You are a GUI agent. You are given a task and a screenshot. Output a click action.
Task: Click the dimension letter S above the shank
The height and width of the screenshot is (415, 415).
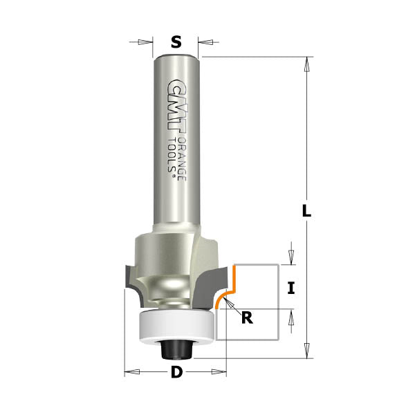tap(176, 42)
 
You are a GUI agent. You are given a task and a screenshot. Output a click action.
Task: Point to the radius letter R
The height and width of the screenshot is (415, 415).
tap(246, 318)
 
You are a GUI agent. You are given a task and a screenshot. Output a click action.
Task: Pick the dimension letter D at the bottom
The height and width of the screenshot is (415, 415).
tap(176, 373)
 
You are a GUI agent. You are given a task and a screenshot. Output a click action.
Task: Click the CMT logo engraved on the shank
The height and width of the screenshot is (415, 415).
tap(176, 104)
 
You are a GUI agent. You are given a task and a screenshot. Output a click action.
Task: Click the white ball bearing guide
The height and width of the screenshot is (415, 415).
tap(176, 326)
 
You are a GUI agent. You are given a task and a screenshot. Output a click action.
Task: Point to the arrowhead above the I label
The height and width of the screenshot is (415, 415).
tap(291, 258)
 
